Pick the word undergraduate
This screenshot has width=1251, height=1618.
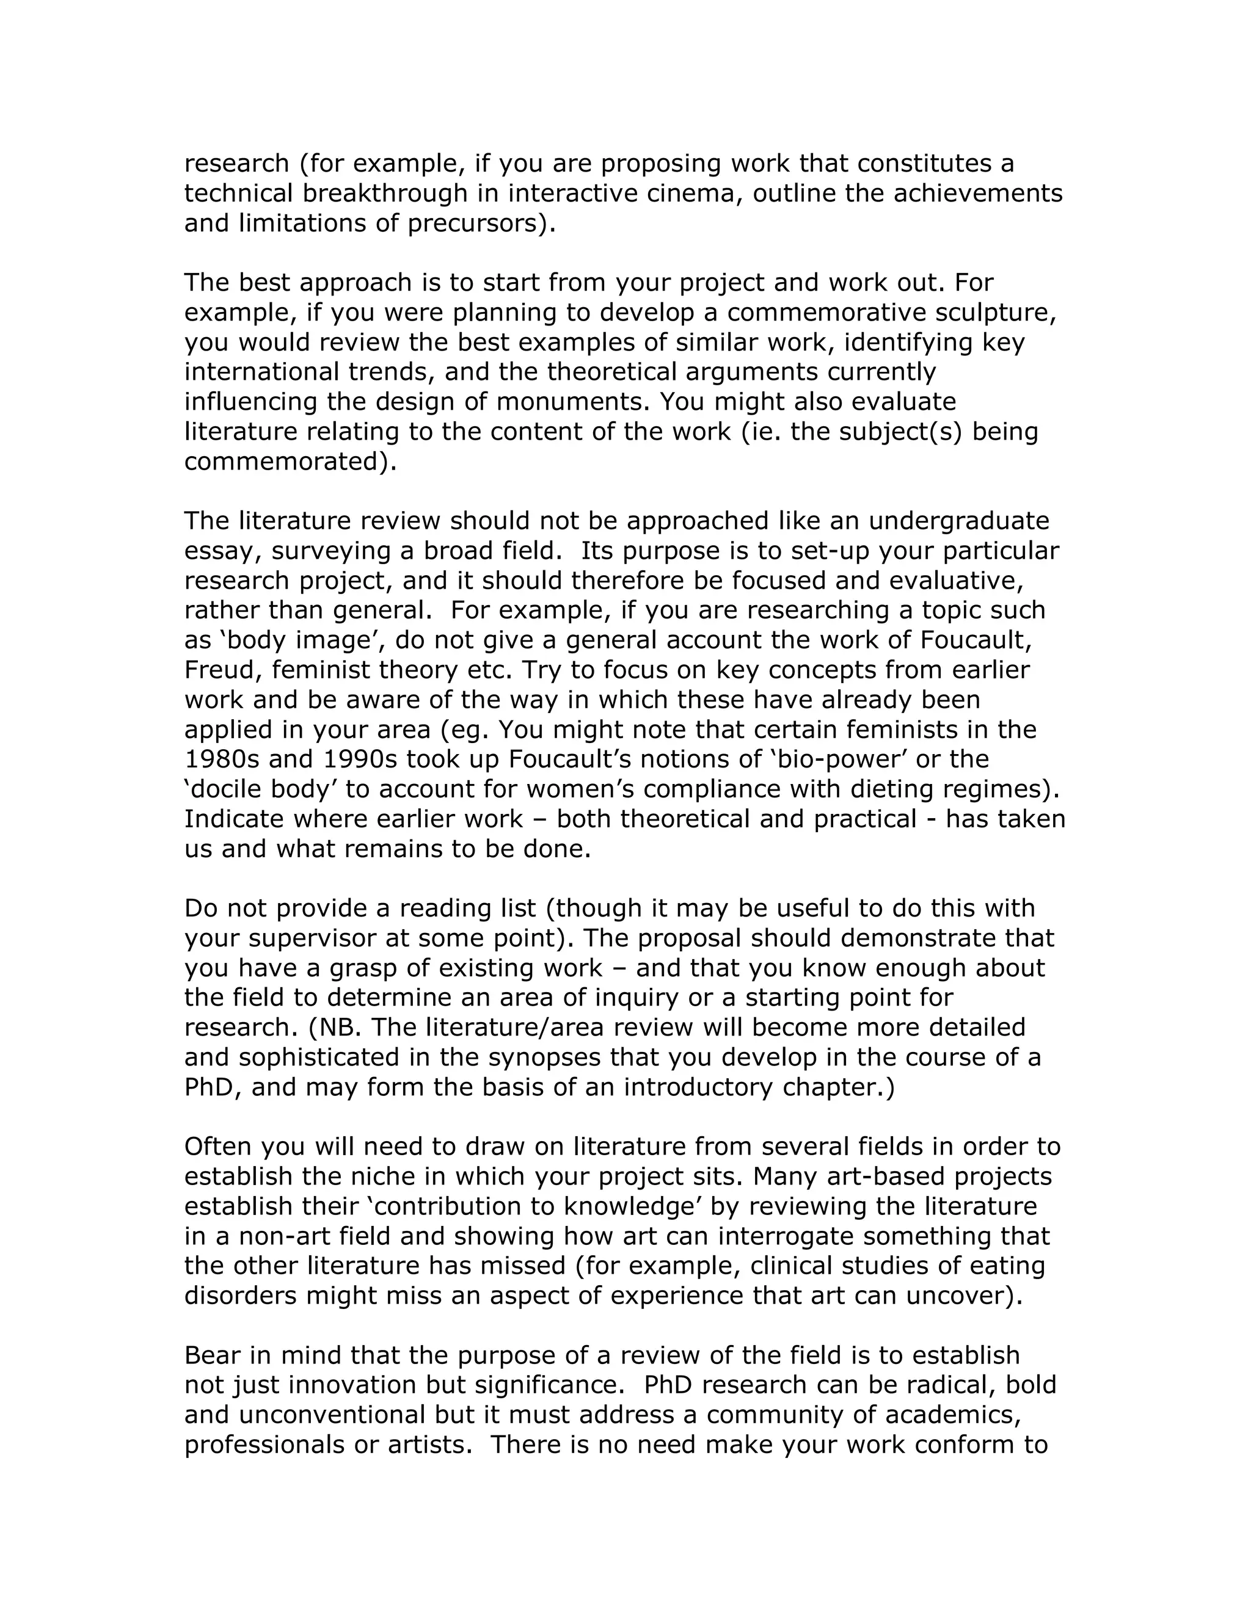959,521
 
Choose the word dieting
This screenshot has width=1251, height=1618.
897,789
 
